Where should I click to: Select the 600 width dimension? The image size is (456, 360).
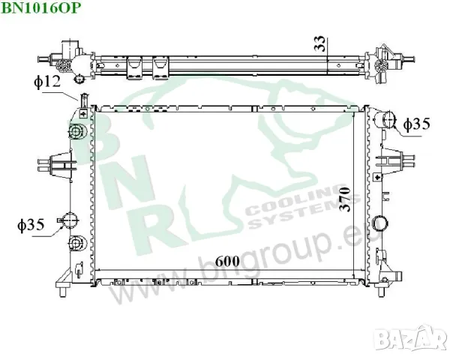click(x=228, y=262)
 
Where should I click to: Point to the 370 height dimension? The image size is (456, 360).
click(x=344, y=199)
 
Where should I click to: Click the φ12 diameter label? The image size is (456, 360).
click(x=46, y=82)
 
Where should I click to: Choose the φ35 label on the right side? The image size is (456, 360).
click(x=417, y=124)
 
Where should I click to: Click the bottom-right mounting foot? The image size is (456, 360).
click(x=388, y=283)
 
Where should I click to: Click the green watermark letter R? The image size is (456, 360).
click(x=154, y=225)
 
